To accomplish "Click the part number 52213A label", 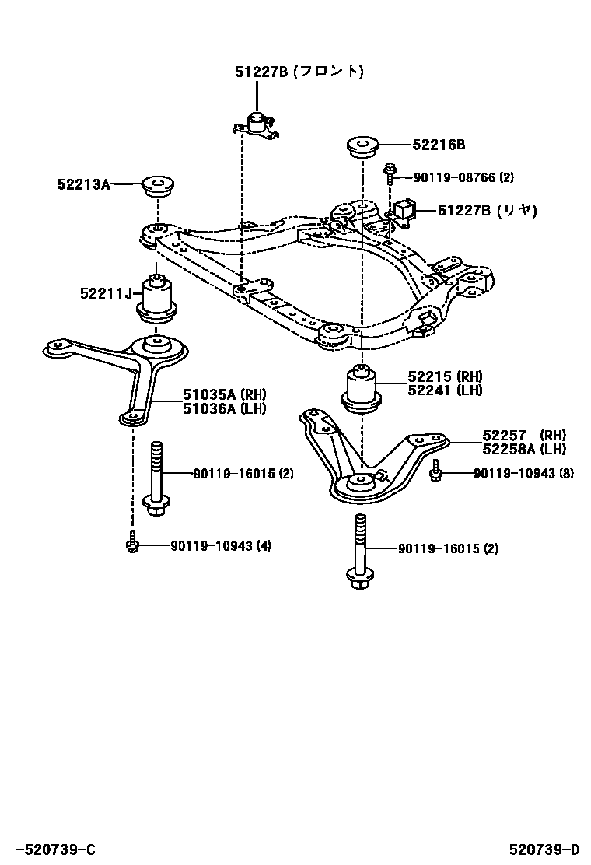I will point(83,184).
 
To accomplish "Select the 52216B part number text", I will point(439,145).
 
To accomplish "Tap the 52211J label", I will point(104,293).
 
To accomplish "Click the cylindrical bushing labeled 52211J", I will point(158,299).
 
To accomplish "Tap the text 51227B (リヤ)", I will point(486,210).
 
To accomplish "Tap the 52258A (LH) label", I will point(523,449).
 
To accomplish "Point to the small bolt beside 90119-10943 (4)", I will point(131,545).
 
